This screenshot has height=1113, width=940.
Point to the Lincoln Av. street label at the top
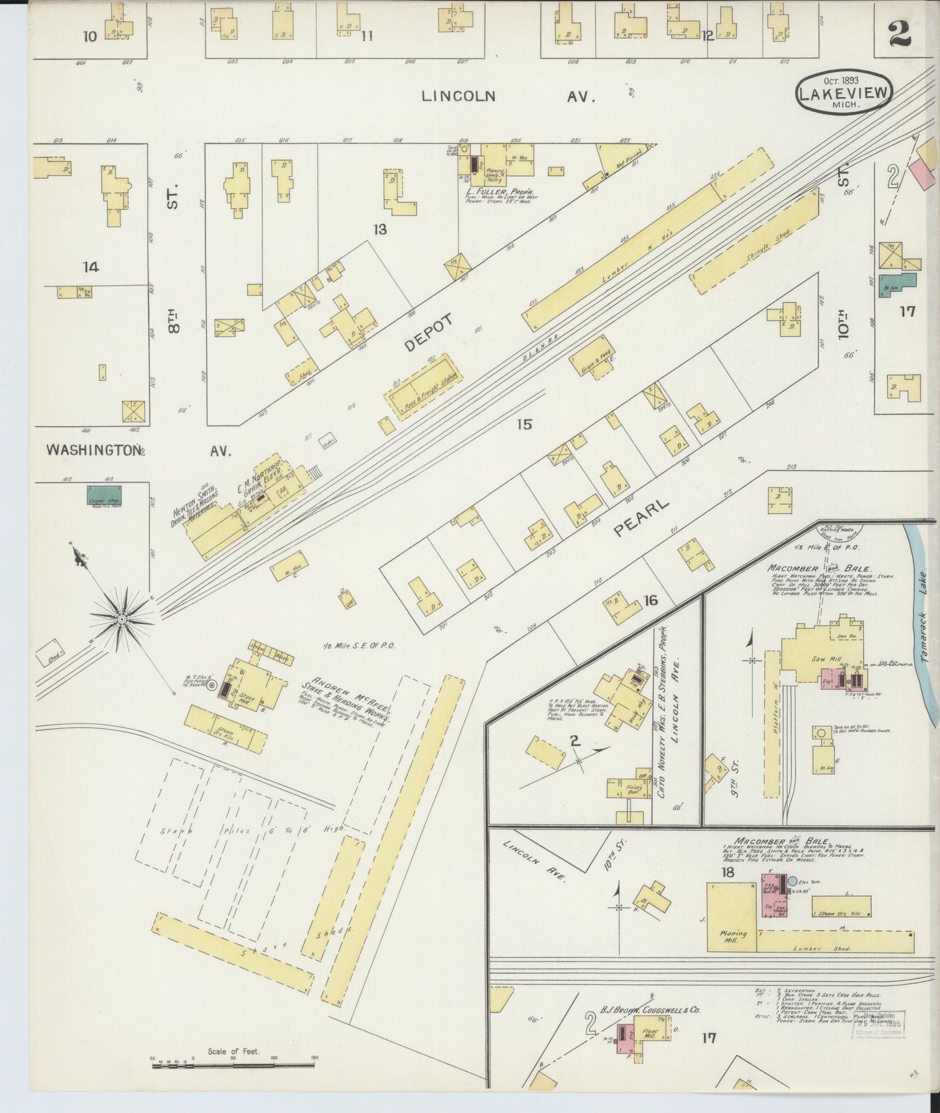(x=507, y=96)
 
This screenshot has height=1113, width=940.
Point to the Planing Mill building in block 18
(x=732, y=915)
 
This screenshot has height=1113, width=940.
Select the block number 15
(x=524, y=424)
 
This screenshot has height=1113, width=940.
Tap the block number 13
(x=380, y=229)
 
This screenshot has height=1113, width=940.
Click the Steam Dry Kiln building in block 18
(x=840, y=905)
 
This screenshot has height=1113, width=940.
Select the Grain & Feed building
(x=591, y=359)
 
